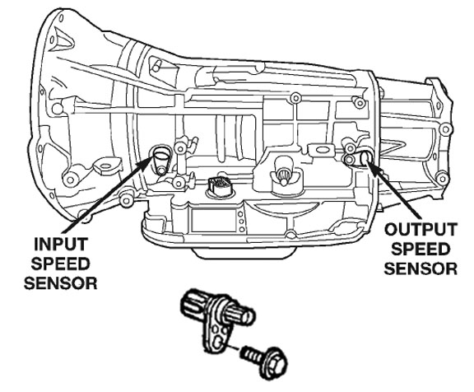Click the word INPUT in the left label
(x=58, y=245)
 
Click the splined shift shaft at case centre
(x=282, y=175)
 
